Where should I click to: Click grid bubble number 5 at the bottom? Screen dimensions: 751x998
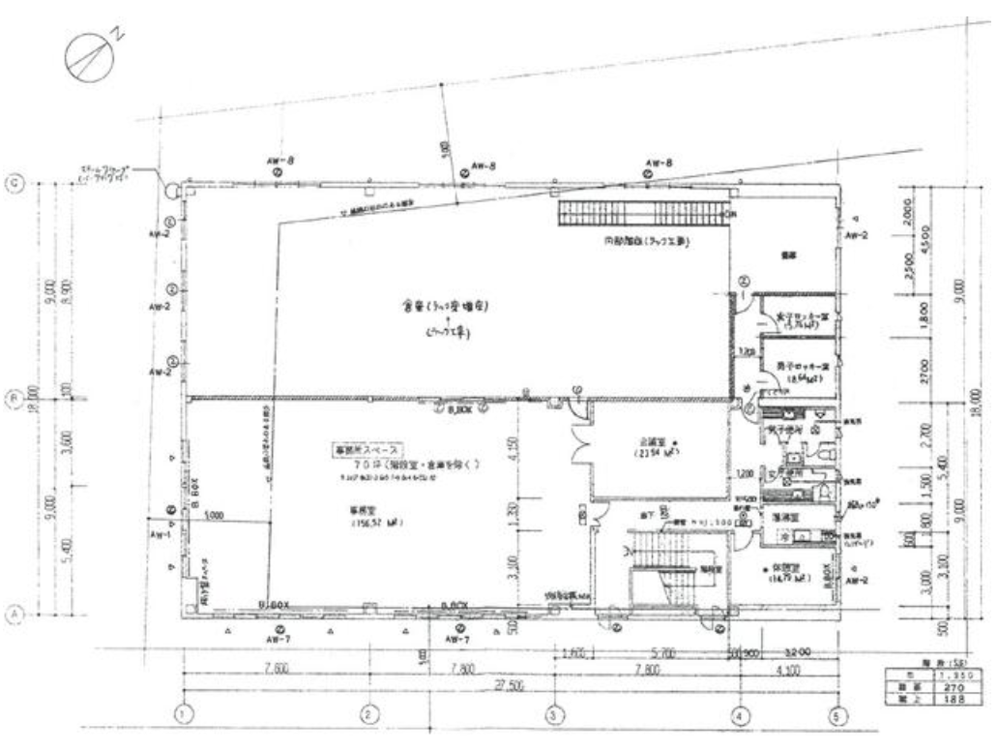click(838, 714)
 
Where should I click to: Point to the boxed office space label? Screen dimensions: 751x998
click(367, 451)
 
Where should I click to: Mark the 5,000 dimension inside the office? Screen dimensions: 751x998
click(217, 518)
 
